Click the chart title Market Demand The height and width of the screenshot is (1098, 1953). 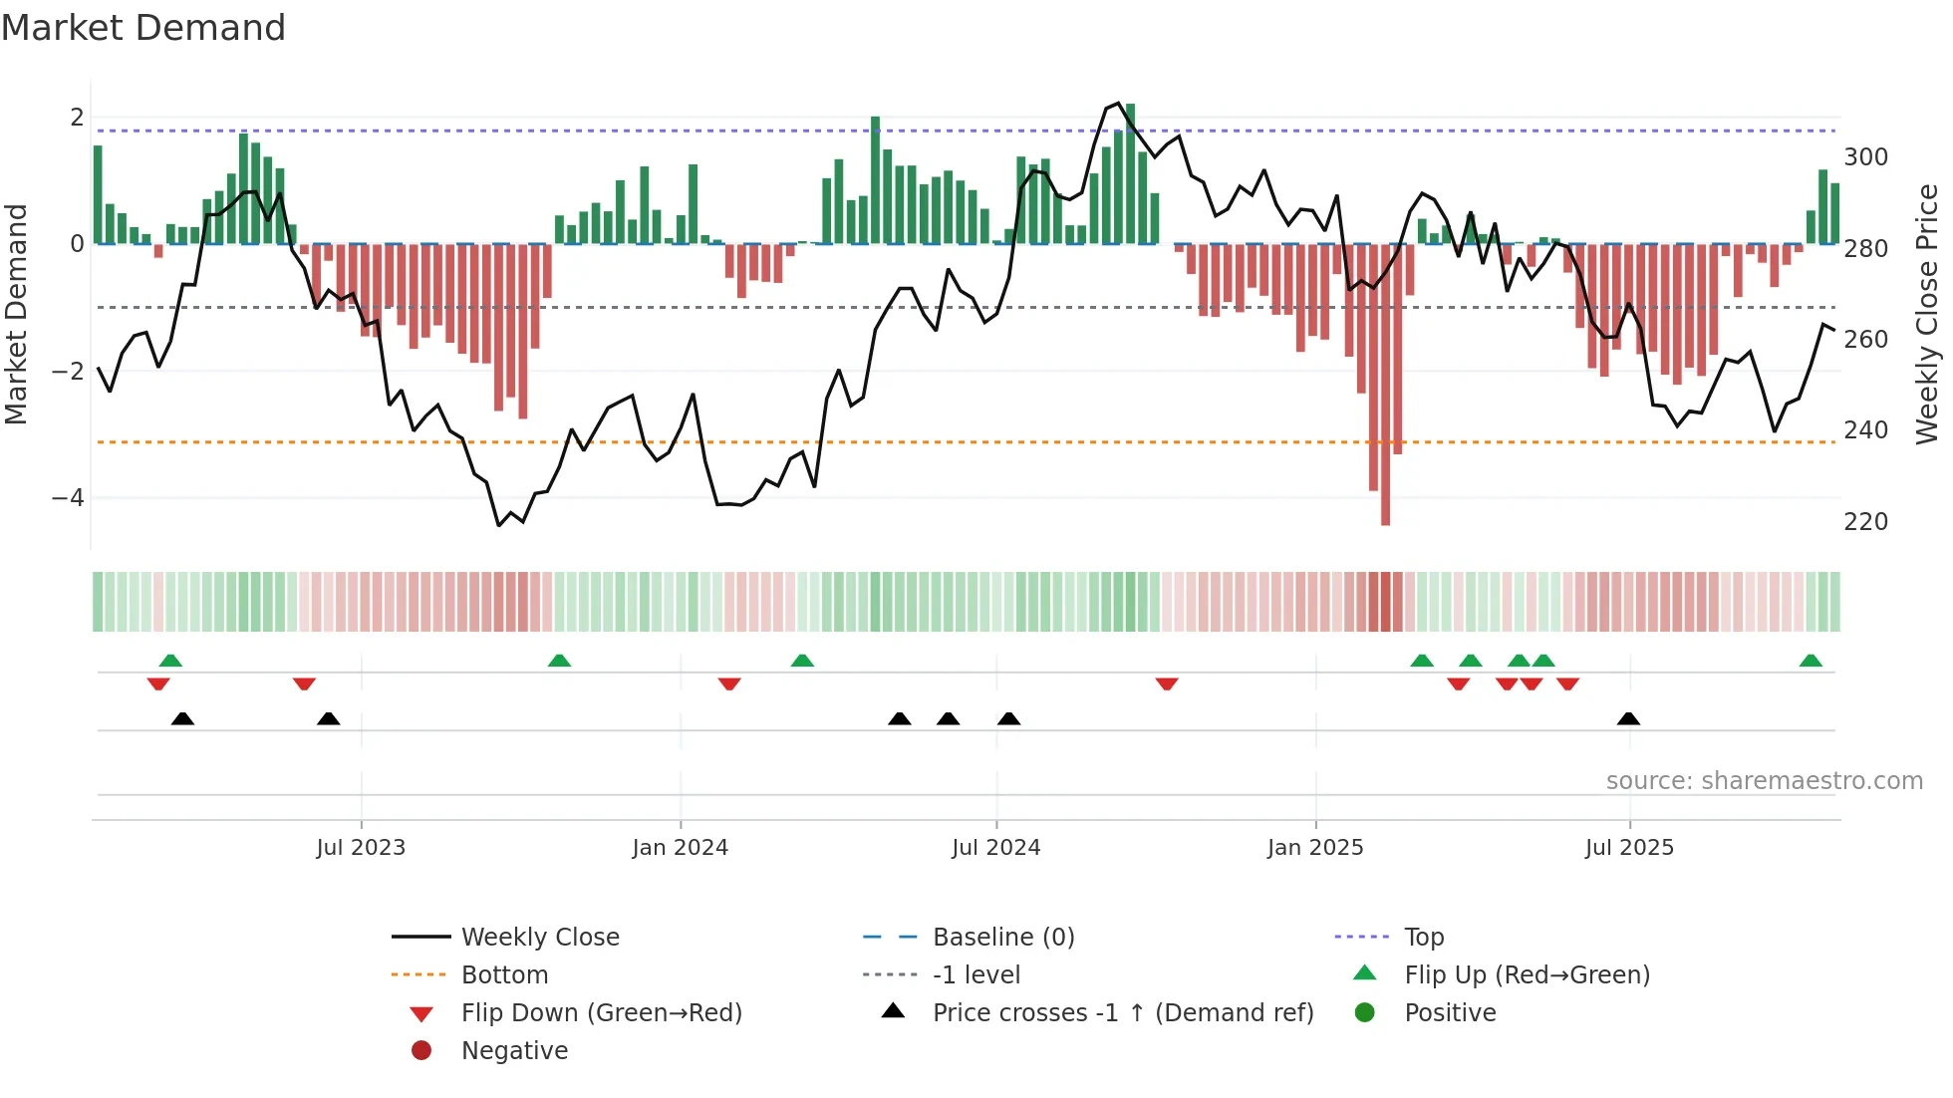point(143,28)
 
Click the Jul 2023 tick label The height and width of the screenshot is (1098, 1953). point(361,848)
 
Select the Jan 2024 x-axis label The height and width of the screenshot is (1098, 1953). point(681,848)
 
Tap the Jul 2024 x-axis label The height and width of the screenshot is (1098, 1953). point(995,848)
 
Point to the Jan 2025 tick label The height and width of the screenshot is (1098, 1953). point(1315,848)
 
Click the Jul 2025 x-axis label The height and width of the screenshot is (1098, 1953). point(1629,848)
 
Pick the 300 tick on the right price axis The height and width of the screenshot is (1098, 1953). point(1865,157)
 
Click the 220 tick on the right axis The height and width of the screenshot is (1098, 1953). point(1865,522)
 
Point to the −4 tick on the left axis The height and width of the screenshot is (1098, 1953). point(68,497)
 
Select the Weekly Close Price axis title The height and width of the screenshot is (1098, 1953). point(1927,314)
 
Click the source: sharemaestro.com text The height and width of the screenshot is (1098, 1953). point(1764,781)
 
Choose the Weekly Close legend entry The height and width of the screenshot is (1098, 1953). point(540,938)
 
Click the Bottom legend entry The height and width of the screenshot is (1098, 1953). point(504,975)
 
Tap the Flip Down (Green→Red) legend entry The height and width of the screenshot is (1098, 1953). point(601,1013)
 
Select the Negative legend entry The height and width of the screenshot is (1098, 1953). point(514,1051)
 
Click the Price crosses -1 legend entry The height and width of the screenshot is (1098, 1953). point(1123,1013)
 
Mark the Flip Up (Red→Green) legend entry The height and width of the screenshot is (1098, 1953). point(1527,975)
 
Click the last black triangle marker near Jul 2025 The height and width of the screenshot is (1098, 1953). point(1628,719)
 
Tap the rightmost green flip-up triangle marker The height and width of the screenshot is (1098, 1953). point(1811,661)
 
